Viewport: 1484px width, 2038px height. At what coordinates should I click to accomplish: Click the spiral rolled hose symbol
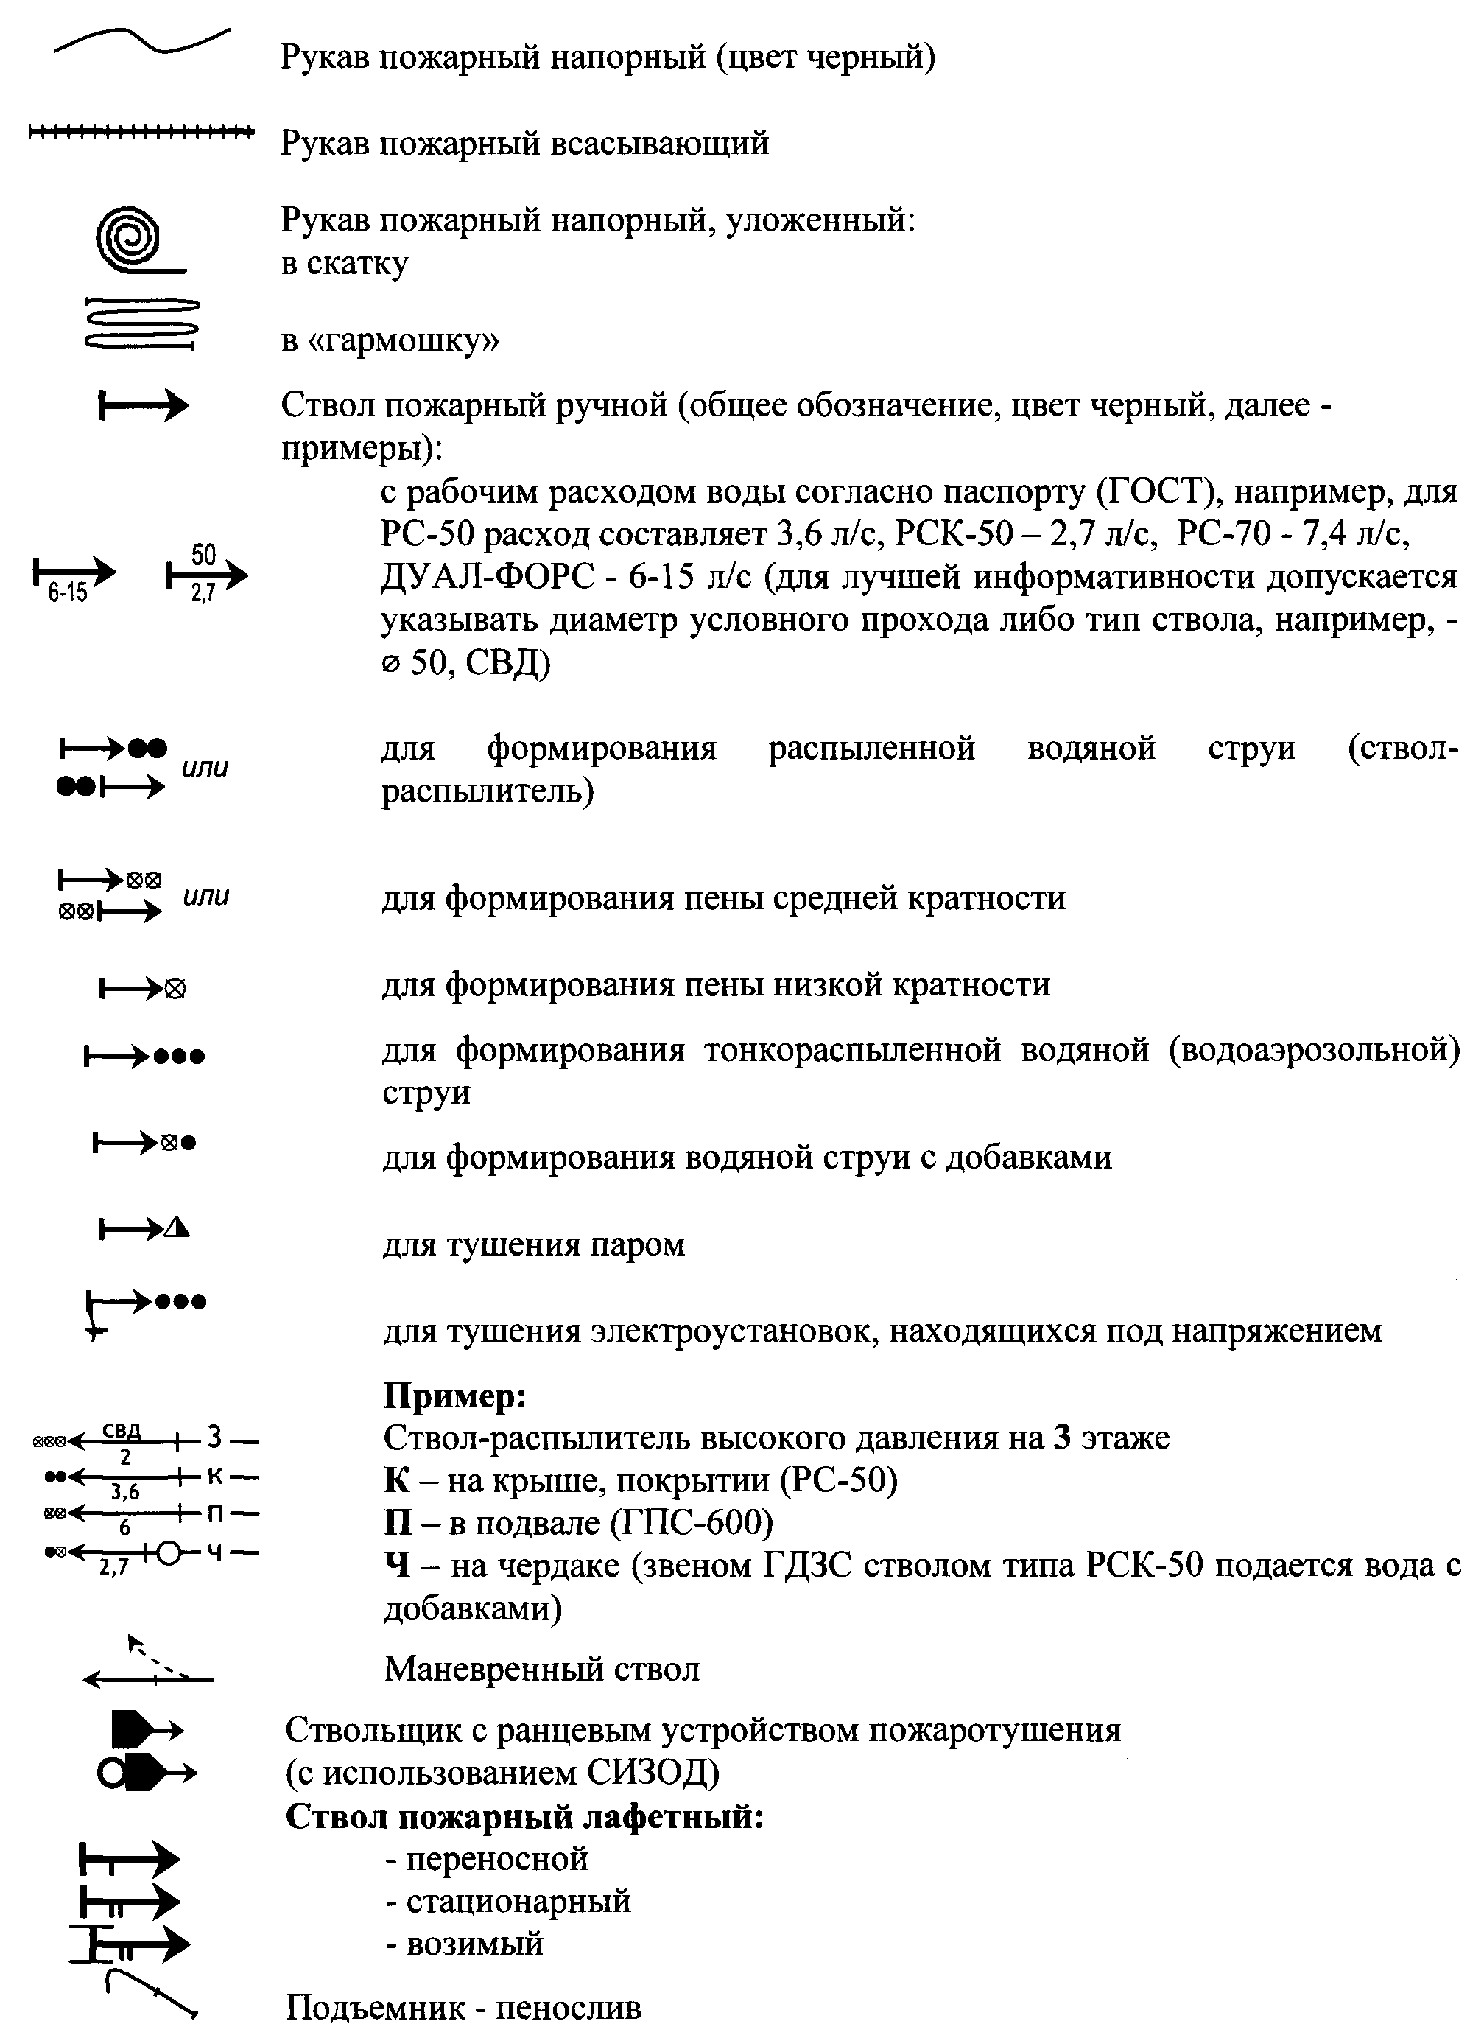pos(131,241)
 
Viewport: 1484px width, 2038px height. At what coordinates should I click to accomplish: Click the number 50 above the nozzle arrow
pos(204,554)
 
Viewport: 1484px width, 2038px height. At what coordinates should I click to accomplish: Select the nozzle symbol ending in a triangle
pos(144,1228)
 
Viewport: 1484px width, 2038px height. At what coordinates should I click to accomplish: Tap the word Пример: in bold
pos(454,1395)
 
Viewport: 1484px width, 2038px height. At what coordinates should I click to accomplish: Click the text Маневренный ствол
pos(541,1669)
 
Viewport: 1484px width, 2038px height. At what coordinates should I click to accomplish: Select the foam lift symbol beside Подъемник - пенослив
pos(149,1995)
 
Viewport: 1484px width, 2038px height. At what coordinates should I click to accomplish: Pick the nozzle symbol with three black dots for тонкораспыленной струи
pos(144,1057)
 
